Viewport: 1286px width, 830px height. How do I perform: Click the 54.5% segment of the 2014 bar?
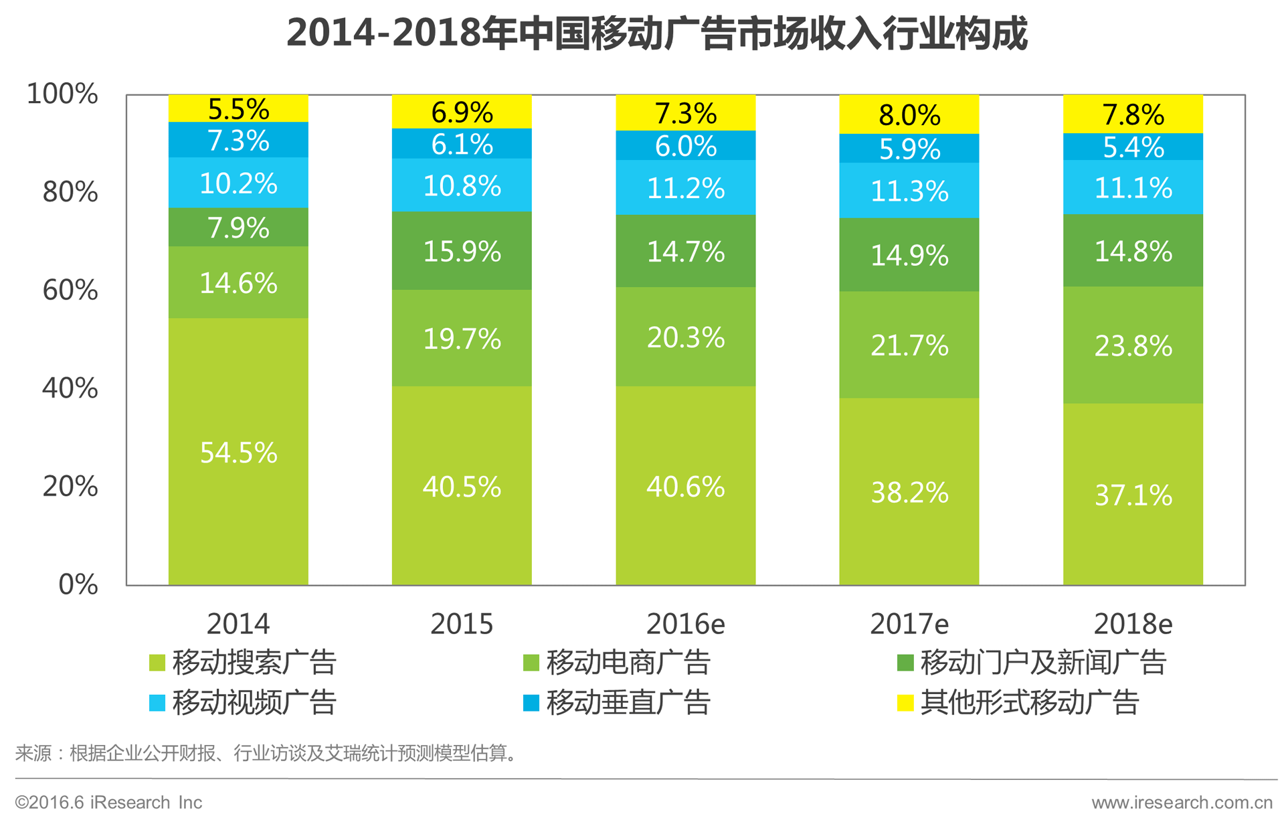238,452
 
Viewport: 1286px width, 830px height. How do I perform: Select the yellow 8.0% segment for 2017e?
909,114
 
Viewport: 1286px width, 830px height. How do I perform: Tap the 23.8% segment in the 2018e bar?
1133,345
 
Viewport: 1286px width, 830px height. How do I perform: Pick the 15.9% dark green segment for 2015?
462,251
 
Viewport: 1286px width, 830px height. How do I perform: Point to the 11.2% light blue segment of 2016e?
685,188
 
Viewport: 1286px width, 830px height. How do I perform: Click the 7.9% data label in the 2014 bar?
238,228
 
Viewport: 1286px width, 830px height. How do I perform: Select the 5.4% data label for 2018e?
1133,147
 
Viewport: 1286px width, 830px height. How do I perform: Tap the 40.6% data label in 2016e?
685,487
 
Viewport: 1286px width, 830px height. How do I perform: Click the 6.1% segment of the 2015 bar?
462,144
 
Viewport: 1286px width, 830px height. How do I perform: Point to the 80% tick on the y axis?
70,192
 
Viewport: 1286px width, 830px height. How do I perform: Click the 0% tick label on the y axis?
78,584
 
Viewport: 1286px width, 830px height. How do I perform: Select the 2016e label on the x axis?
685,624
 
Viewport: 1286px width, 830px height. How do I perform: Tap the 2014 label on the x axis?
238,624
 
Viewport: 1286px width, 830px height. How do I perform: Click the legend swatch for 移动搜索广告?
157,663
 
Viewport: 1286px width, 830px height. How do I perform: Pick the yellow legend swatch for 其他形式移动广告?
905,703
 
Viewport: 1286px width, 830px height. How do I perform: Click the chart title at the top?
656,33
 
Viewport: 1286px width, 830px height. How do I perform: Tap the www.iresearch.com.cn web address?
1182,802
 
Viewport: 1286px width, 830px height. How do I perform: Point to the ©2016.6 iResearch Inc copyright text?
108,802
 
